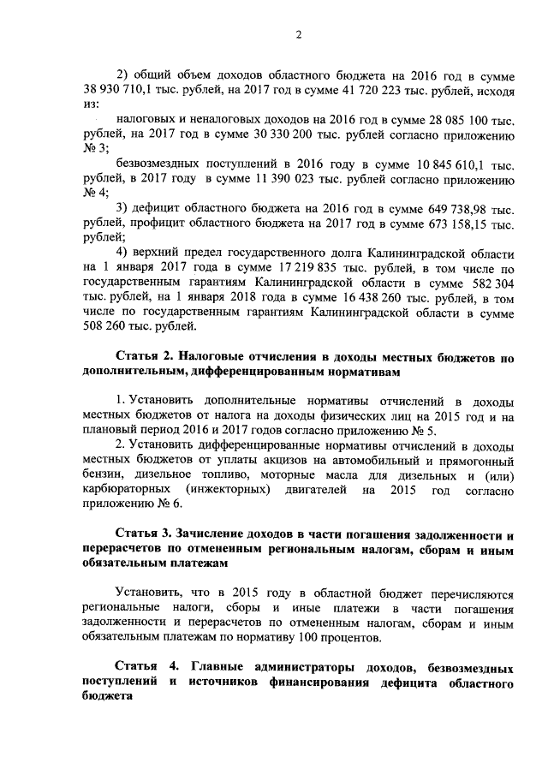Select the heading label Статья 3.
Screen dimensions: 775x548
coord(146,533)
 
